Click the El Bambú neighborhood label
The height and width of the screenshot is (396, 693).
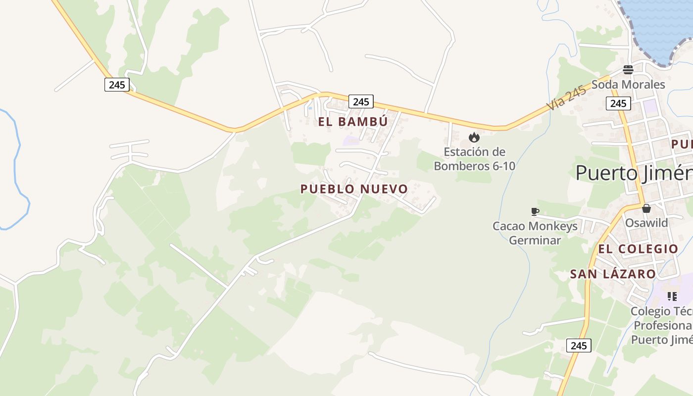(353, 122)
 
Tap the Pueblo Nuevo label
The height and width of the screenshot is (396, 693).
(354, 189)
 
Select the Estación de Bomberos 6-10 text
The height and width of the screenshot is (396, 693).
(474, 159)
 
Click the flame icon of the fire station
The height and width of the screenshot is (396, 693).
(474, 137)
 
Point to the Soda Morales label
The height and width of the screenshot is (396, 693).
(628, 85)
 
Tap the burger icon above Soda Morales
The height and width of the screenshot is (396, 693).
(628, 70)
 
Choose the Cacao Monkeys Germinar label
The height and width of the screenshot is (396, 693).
(535, 233)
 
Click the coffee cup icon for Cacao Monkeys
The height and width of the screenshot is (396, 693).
(535, 212)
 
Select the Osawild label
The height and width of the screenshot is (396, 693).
(646, 223)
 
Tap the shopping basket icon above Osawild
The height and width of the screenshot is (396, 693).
(646, 208)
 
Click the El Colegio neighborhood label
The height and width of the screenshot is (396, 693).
(638, 249)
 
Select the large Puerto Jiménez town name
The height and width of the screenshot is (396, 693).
(634, 173)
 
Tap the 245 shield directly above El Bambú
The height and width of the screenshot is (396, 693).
(361, 101)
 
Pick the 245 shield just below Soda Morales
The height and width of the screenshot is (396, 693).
(618, 103)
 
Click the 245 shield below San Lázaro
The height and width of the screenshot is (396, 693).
(579, 346)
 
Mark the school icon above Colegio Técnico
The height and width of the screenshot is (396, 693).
(672, 297)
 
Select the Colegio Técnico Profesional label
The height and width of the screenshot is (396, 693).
(662, 326)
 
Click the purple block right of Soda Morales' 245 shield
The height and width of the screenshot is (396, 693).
(649, 106)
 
